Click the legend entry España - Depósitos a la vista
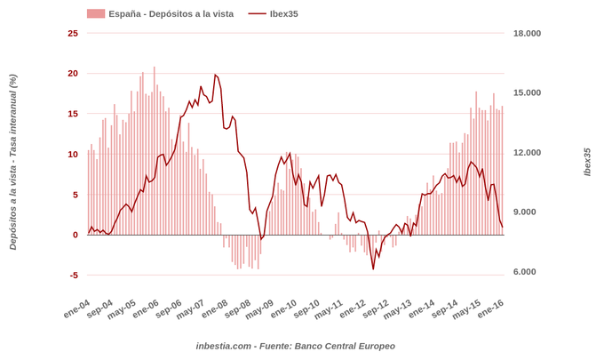(159, 13)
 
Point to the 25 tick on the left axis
(73, 33)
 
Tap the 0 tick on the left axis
(75, 235)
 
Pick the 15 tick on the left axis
(73, 114)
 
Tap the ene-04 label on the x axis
(77, 308)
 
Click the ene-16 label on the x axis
(491, 308)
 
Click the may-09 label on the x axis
(261, 308)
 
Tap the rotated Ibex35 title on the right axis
(587, 162)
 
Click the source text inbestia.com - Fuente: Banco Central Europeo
(296, 346)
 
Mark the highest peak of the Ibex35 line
(215, 75)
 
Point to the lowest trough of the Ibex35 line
(373, 268)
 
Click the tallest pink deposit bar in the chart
(154, 68)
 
